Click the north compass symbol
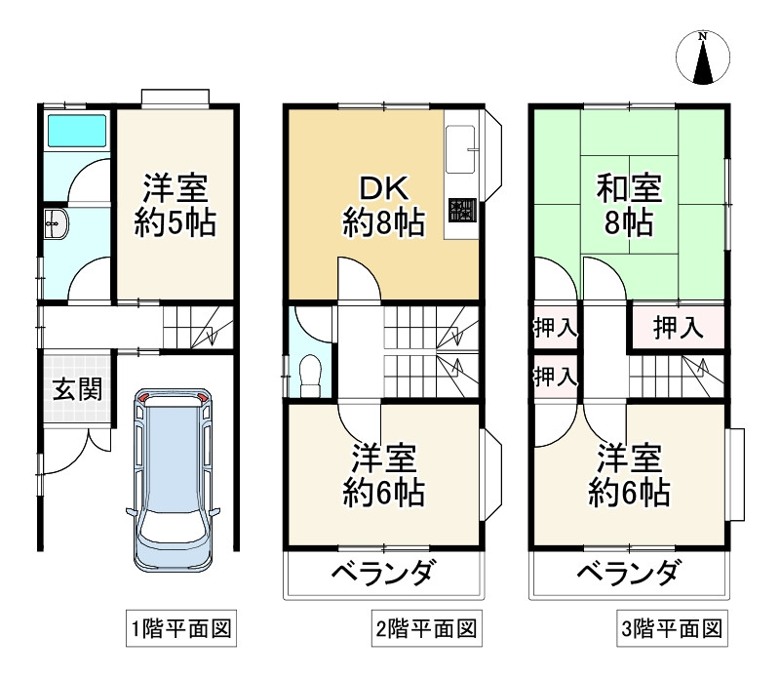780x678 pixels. click(x=702, y=58)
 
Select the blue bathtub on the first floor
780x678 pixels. click(x=75, y=130)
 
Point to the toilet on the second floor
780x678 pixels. click(x=311, y=375)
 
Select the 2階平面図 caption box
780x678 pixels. click(x=427, y=629)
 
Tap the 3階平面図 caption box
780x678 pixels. click(x=673, y=629)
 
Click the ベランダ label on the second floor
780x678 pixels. click(x=381, y=573)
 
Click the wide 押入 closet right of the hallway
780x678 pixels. click(x=678, y=327)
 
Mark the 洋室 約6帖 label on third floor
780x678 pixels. click(x=629, y=475)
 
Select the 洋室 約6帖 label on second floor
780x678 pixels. click(x=382, y=475)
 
